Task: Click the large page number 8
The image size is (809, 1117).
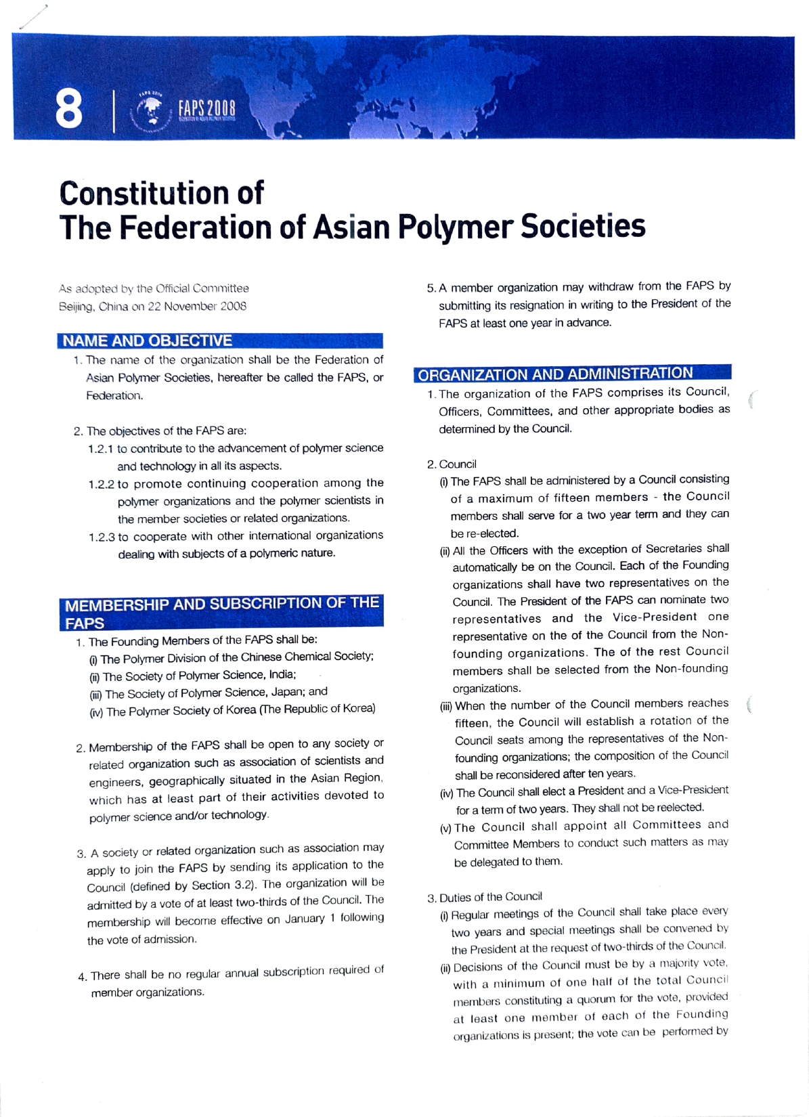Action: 69,110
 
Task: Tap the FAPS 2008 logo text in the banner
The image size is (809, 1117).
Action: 206,109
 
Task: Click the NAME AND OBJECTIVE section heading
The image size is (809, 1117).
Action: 148,341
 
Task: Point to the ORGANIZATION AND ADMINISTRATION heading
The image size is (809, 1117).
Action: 556,374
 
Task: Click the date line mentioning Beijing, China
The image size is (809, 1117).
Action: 152,307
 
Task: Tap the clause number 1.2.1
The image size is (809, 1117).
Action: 102,449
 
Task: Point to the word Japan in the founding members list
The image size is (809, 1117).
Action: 269,692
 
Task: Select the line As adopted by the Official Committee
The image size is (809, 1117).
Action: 154,289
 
